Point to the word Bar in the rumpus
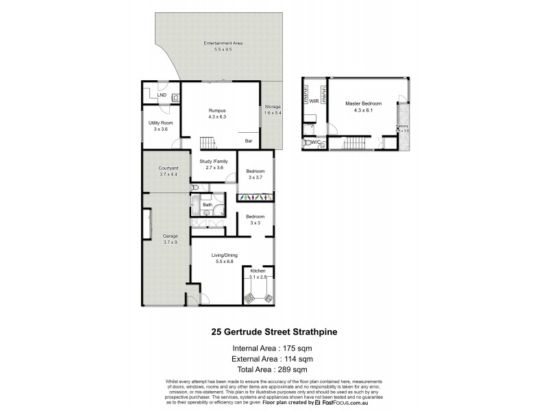pos(249,141)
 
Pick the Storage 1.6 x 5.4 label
pos(273,111)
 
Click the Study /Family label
pos(213,164)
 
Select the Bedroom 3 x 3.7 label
pos(256,174)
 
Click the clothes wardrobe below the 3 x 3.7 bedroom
pos(255,197)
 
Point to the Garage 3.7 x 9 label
pos(161,239)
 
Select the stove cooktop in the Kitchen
pos(250,298)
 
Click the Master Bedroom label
pos(363,106)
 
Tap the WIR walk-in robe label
pos(312,101)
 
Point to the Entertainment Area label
pos(223,46)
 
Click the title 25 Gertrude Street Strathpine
pos(273,332)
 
